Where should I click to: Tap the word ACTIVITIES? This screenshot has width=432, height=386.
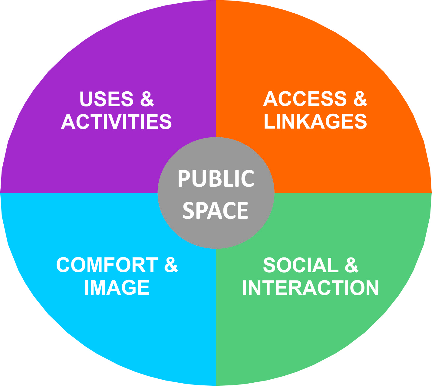pyautogui.click(x=117, y=122)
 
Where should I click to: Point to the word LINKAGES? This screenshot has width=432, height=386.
pyautogui.click(x=315, y=121)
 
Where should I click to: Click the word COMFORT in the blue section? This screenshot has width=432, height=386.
pyautogui.click(x=107, y=265)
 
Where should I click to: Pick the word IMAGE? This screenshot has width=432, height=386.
pyautogui.click(x=117, y=287)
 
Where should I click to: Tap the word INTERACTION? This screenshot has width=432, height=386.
pyautogui.click(x=311, y=288)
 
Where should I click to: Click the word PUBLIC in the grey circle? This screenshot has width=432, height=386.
pyautogui.click(x=216, y=178)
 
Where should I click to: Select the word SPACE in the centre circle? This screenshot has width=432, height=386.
pyautogui.click(x=215, y=211)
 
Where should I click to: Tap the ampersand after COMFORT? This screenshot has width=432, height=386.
pyautogui.click(x=171, y=265)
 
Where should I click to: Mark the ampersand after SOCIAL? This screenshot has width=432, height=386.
pyautogui.click(x=352, y=265)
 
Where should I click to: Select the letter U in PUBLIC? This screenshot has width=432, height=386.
pyautogui.click(x=199, y=178)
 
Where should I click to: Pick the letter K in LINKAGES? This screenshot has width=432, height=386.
pyautogui.click(x=302, y=121)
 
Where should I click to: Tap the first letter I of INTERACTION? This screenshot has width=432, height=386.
pyautogui.click(x=245, y=288)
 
